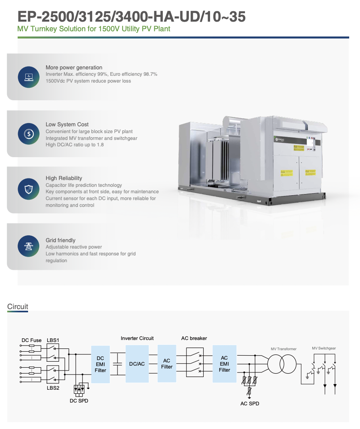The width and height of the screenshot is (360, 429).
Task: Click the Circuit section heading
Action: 18,307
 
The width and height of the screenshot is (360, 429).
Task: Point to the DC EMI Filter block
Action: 100,364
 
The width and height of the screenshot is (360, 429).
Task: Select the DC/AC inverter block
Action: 137,364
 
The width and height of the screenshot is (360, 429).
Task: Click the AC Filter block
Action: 167,363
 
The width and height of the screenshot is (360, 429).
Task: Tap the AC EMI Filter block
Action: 224,364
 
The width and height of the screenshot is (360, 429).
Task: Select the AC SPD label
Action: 249,403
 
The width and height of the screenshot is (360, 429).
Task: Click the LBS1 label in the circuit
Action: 53,340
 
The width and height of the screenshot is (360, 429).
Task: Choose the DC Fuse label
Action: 31,340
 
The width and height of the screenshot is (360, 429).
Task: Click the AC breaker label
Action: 194,338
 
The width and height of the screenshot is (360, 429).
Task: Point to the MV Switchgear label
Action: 324,348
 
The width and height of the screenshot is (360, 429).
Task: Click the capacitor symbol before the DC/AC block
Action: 117,364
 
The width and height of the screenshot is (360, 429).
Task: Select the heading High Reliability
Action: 64,178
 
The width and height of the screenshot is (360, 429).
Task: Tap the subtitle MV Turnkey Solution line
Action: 94,29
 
